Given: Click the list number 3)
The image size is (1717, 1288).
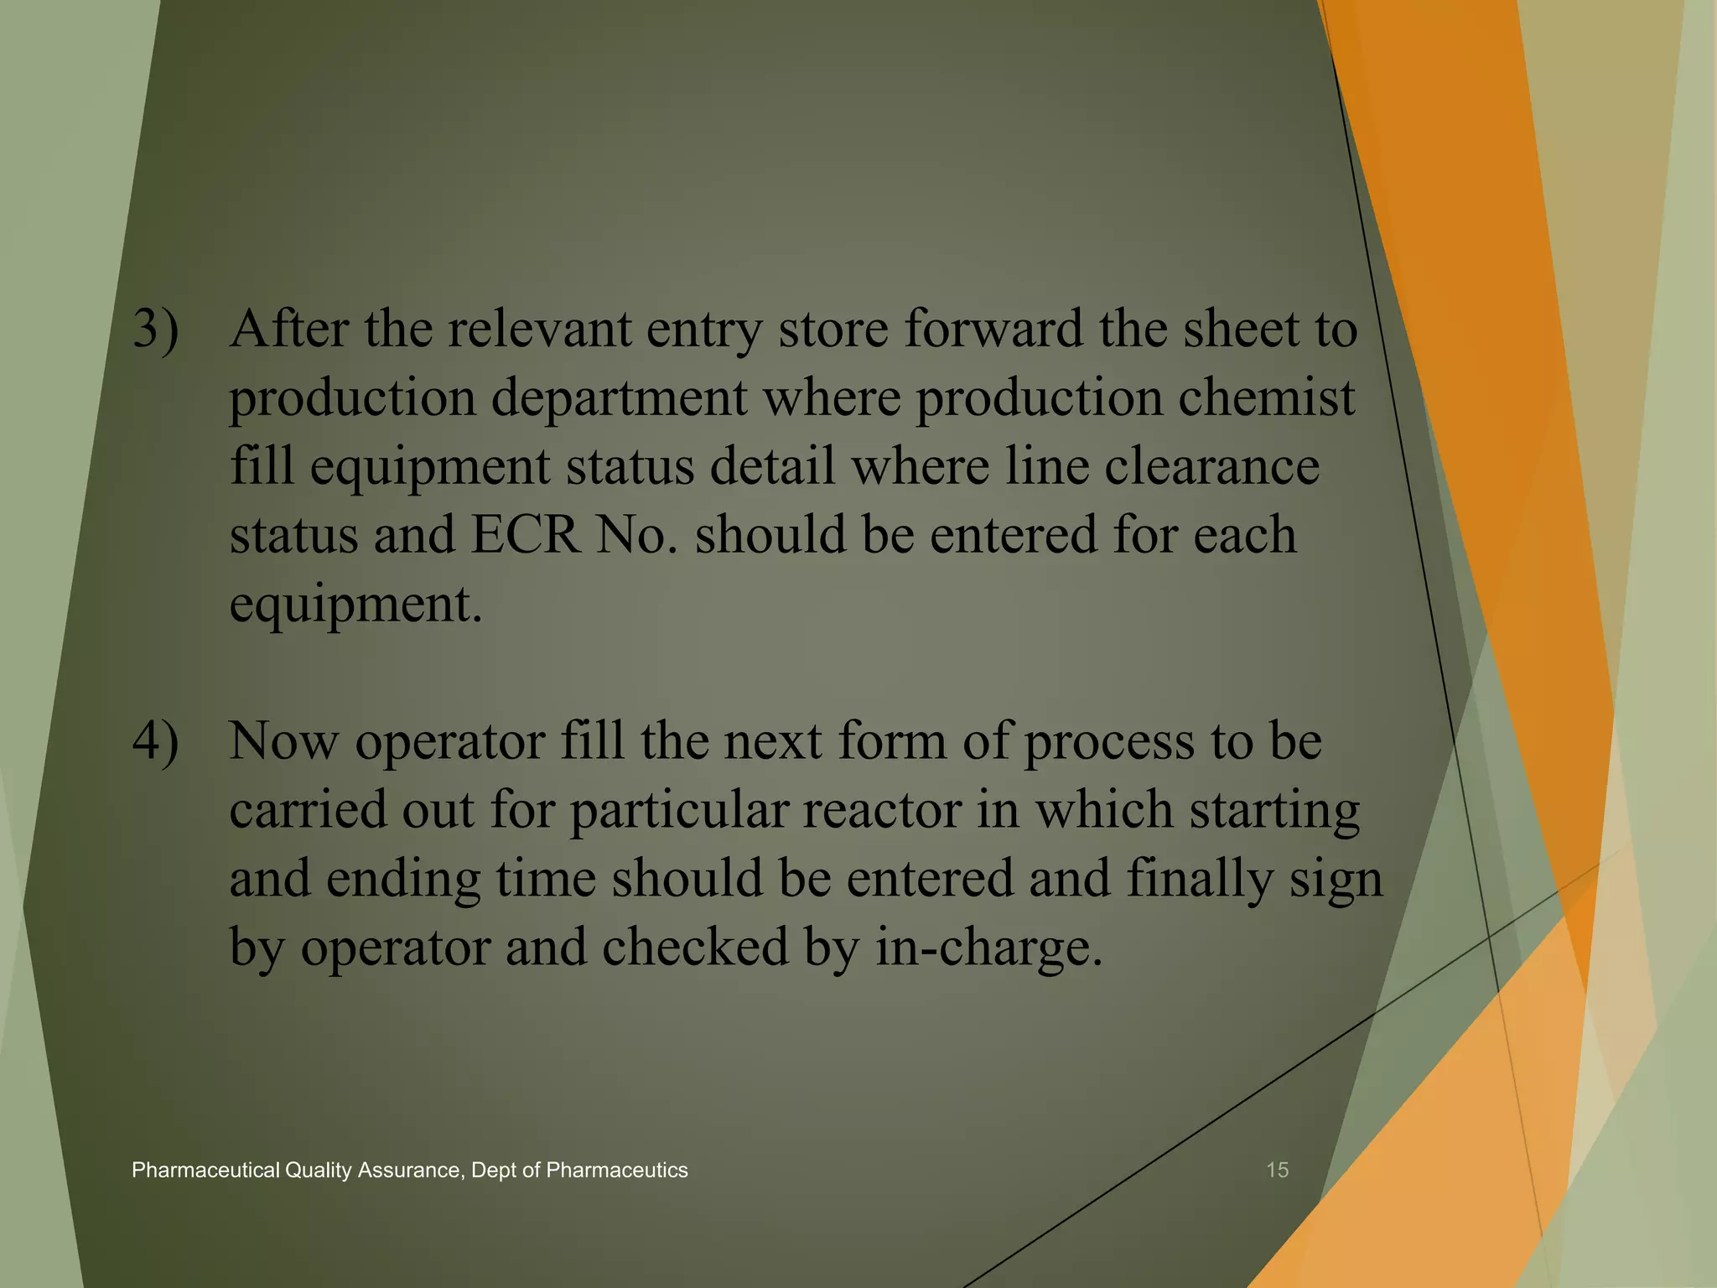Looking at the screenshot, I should click(x=156, y=329).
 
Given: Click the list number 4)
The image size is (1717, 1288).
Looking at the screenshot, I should click(x=156, y=741).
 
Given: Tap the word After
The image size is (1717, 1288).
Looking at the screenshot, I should click(x=289, y=328).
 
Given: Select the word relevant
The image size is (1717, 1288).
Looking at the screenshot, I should click(x=539, y=328).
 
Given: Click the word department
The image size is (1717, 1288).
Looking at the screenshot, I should click(x=619, y=397).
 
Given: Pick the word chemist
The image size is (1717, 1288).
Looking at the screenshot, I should click(x=1266, y=397).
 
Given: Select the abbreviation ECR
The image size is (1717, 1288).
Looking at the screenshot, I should click(x=525, y=534).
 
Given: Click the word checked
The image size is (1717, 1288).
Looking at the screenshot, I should click(x=696, y=948).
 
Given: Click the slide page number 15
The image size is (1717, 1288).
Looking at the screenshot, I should click(x=1277, y=1171).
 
